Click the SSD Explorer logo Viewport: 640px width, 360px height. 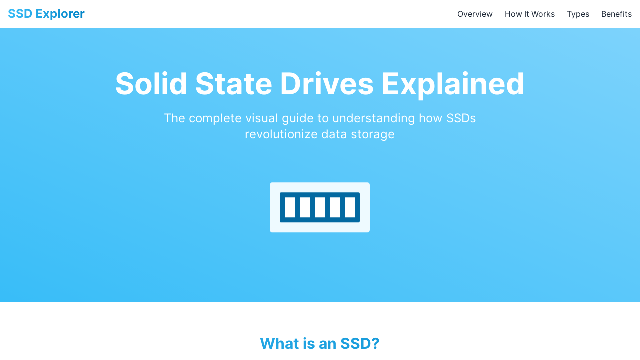click(x=46, y=14)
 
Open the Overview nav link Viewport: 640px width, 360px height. click(x=475, y=14)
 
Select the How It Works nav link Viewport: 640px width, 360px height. click(x=529, y=14)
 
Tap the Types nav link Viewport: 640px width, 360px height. click(x=578, y=14)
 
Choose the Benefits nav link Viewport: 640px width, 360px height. click(x=616, y=14)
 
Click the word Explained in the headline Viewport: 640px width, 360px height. click(x=453, y=85)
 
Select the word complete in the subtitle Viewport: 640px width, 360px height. click(x=215, y=119)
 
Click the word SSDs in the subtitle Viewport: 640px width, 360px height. click(x=461, y=118)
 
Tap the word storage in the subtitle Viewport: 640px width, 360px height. click(x=373, y=135)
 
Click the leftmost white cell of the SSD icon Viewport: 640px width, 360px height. click(x=290, y=207)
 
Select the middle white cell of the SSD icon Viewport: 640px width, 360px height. click(x=319, y=207)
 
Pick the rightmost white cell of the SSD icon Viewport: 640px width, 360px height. click(x=349, y=207)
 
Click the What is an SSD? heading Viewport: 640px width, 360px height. click(x=319, y=343)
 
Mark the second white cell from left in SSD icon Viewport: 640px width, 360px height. click(x=305, y=207)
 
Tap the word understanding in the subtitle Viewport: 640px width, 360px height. click(x=373, y=119)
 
